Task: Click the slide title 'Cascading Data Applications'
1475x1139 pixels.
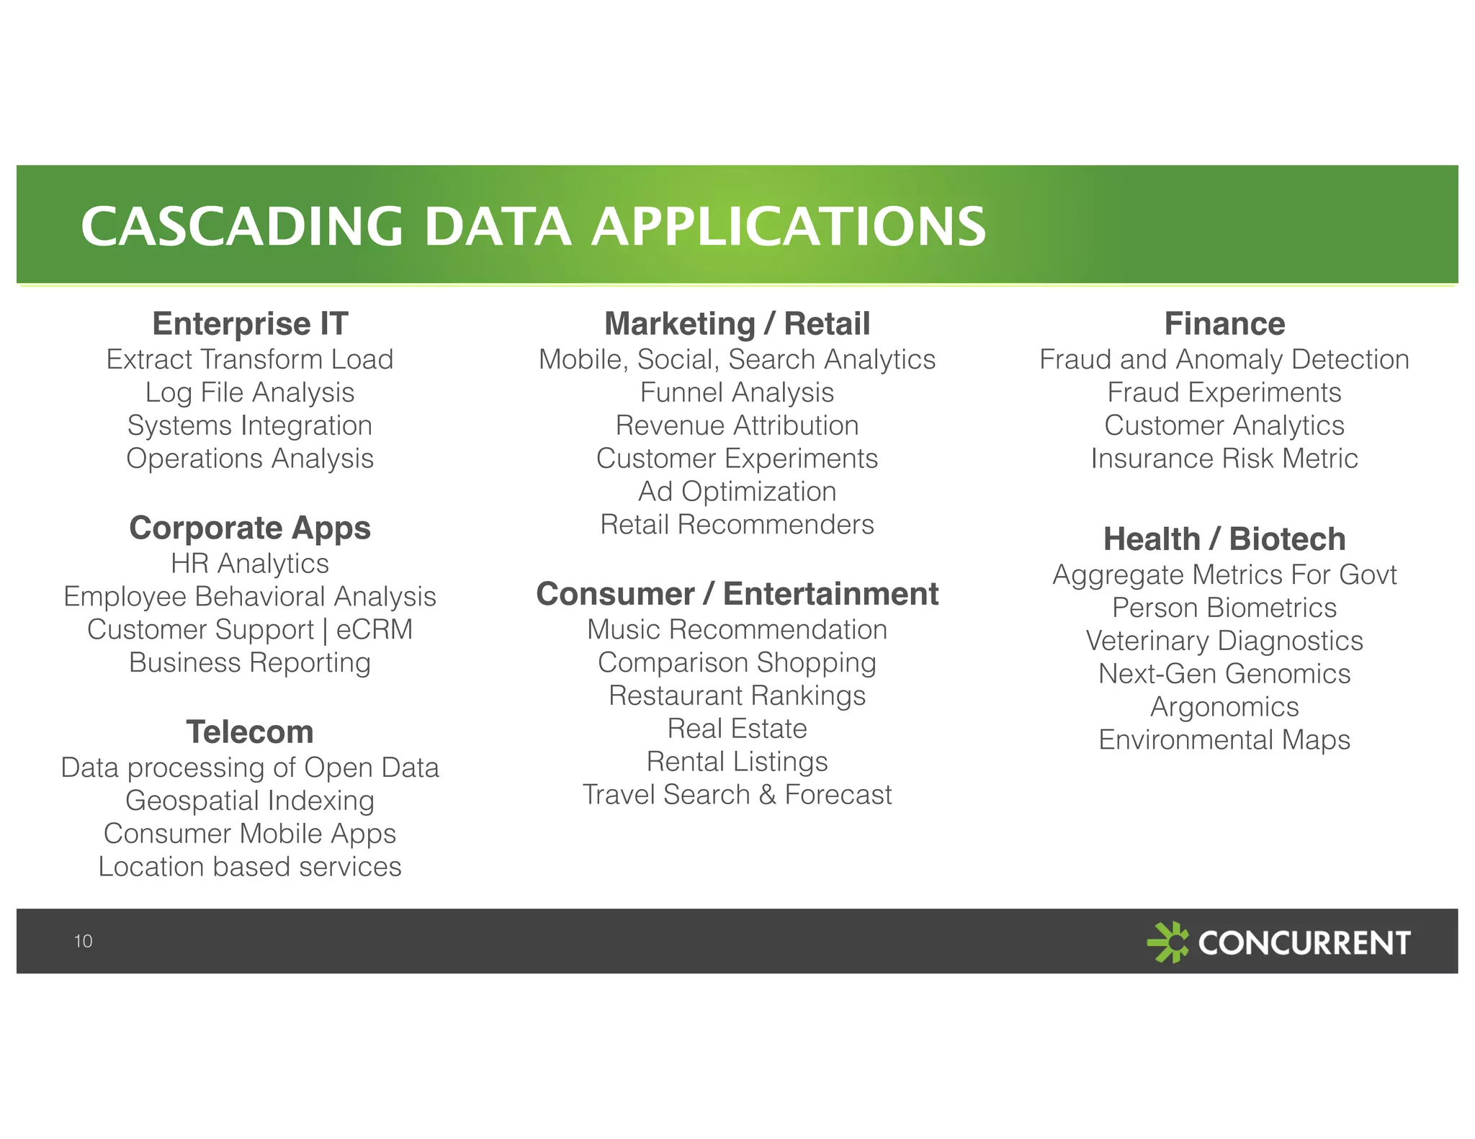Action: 533,226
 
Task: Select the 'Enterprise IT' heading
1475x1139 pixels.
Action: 250,324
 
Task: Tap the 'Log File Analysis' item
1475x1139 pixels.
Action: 250,393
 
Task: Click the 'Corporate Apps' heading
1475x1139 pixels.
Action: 250,528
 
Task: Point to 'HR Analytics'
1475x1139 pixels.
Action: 250,564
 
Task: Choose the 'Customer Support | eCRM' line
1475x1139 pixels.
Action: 250,630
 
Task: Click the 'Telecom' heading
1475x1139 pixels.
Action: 250,732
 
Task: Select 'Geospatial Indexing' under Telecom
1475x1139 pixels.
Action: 250,801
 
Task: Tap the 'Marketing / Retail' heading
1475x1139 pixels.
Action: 737,324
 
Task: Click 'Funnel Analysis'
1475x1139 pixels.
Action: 737,393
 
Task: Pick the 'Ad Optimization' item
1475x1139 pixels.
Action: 737,492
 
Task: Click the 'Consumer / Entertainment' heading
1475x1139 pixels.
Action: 737,595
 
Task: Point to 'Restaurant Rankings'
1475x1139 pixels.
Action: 737,696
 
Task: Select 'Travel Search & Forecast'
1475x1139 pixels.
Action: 737,795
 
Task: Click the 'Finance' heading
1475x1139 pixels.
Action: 1224,324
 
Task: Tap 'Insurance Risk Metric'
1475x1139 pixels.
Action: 1224,459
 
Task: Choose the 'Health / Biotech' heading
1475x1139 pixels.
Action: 1224,539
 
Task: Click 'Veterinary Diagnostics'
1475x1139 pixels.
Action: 1224,641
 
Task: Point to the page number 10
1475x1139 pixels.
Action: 83,941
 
